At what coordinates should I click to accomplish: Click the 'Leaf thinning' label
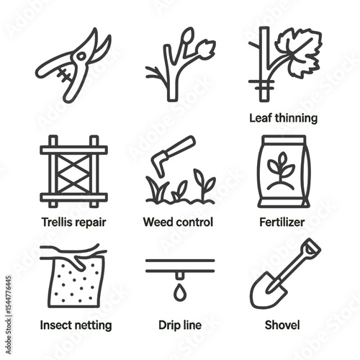click(x=283, y=117)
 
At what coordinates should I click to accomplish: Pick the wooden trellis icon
click(x=73, y=171)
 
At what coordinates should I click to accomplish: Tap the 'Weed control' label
click(x=179, y=222)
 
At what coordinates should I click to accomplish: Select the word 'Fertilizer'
click(x=284, y=222)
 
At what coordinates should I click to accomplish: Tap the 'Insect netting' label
click(x=76, y=325)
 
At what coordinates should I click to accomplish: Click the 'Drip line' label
click(x=179, y=325)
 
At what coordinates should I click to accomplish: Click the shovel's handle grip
click(x=310, y=248)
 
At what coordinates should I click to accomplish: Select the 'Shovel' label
click(x=284, y=325)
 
